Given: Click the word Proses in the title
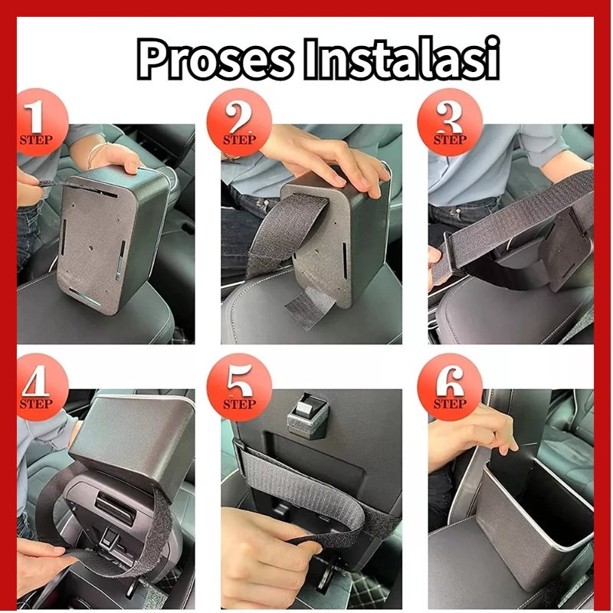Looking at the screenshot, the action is (x=215, y=59).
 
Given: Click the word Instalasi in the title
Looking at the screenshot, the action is (x=402, y=58).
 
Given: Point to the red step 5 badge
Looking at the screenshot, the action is (x=239, y=387).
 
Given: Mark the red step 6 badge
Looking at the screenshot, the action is (x=450, y=387).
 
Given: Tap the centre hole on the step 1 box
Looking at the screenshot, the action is (x=91, y=248).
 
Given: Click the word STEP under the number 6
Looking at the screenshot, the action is (x=450, y=404).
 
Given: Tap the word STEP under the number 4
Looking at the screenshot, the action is (x=36, y=404).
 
